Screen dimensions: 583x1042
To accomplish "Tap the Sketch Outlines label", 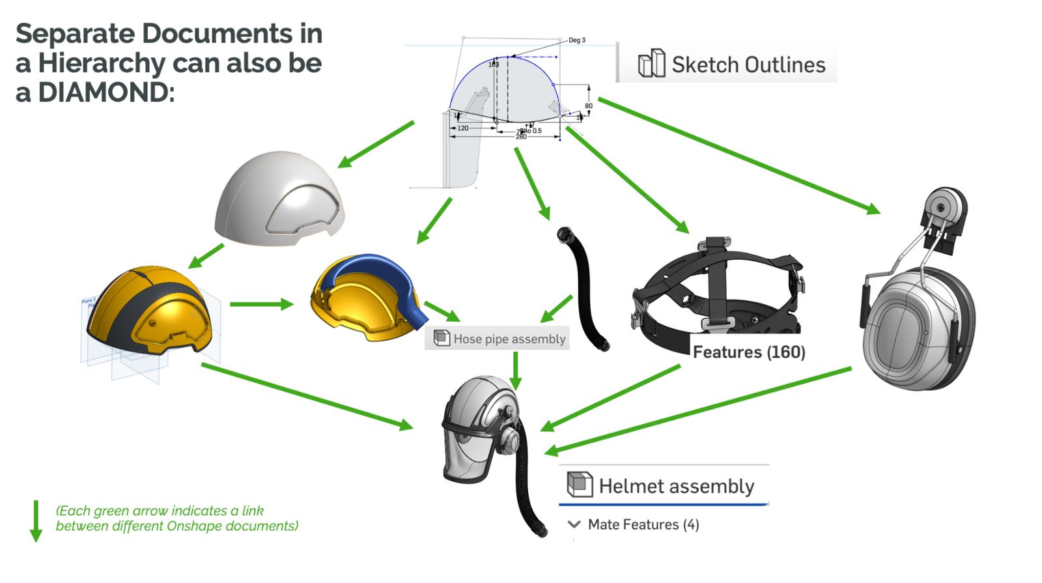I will point(748,64).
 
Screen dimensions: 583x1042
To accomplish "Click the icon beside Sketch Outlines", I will point(651,64).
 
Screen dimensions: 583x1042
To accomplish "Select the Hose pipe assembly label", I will point(509,339).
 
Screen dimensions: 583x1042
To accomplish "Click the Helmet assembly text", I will point(676,486).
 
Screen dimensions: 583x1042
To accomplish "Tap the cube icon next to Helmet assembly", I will point(579,485).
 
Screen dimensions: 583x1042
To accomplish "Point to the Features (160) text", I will point(749,352).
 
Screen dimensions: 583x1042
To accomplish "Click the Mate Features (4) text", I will point(643,524).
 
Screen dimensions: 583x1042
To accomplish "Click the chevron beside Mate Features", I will point(574,524).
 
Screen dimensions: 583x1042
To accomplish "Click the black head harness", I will point(716,287).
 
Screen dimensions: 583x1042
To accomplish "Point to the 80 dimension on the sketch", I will point(589,106).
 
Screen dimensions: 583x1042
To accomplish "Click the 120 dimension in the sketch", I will point(462,128).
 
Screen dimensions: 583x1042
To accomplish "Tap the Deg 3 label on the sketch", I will point(577,40).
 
